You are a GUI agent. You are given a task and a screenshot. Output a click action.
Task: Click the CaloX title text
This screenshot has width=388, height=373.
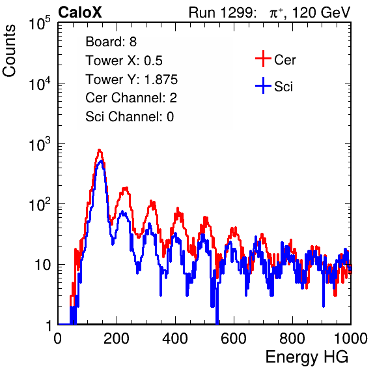tap(79, 12)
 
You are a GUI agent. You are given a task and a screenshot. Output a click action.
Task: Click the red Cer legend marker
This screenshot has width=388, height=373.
tap(263, 59)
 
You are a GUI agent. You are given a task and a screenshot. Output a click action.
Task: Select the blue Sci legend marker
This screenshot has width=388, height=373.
tap(263, 86)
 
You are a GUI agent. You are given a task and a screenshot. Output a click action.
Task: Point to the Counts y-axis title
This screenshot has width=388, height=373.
tap(9, 51)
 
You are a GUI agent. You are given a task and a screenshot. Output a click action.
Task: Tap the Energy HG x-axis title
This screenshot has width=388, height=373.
tap(307, 357)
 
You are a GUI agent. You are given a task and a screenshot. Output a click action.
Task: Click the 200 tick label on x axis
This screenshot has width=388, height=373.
tap(117, 338)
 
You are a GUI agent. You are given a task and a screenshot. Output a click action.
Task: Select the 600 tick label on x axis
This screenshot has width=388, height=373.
tap(234, 338)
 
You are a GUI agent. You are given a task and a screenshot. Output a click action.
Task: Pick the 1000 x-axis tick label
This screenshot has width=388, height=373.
tap(351, 338)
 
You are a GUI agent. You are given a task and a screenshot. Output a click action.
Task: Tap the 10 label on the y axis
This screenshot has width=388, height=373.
tap(42, 265)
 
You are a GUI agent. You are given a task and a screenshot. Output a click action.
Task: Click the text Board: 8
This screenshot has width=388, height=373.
tap(111, 42)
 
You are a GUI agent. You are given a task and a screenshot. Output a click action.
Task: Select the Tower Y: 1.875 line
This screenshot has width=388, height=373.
tap(132, 80)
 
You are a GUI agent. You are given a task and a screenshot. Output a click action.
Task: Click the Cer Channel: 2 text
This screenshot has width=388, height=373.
tap(131, 98)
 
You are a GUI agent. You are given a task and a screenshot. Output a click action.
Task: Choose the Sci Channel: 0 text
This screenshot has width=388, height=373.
tap(130, 117)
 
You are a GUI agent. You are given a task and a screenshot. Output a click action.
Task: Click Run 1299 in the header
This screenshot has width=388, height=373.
tap(221, 12)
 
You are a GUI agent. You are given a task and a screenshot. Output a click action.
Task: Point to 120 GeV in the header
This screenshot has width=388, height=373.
tap(321, 12)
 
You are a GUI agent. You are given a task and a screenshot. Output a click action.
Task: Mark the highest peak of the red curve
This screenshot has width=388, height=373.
tap(99, 150)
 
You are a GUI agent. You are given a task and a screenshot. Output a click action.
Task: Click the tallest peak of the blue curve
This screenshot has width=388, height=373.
tap(101, 161)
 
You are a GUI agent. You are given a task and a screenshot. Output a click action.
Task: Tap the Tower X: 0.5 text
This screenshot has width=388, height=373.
tap(124, 61)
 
